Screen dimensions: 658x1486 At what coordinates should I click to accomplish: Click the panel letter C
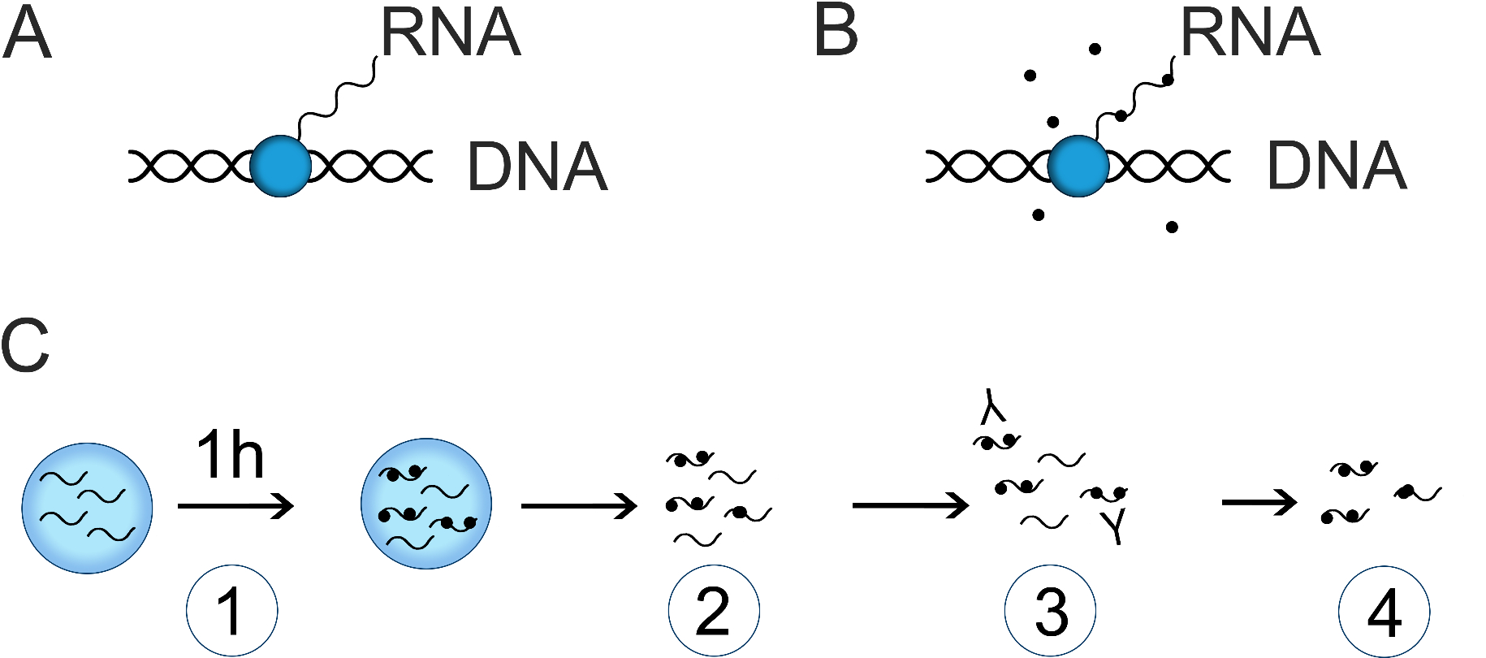tap(25, 345)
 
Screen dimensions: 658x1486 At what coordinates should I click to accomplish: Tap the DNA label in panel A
tap(537, 167)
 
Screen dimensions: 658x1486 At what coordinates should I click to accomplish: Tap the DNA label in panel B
tap(1336, 167)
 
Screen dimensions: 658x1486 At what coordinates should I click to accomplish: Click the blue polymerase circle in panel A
tap(280, 167)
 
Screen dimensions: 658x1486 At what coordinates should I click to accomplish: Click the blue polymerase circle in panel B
tap(1078, 167)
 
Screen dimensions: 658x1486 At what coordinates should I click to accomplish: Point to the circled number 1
tap(232, 611)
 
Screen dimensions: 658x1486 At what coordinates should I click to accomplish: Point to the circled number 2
tap(714, 611)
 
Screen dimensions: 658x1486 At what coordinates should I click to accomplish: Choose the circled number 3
tap(1050, 611)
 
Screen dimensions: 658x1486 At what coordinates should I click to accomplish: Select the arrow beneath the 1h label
tap(235, 506)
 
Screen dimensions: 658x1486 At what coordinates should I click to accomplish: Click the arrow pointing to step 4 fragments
tap(1259, 503)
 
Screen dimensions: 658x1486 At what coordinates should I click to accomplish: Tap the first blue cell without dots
tap(87, 508)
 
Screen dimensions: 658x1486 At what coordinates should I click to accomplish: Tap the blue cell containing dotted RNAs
tap(425, 504)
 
